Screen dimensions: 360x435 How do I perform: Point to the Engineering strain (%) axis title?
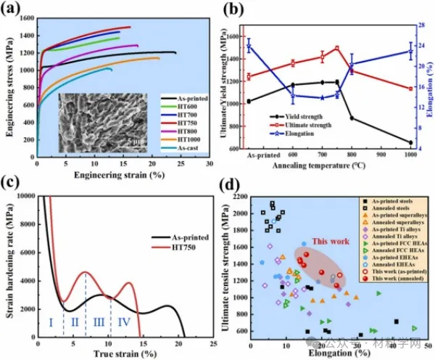click(x=123, y=176)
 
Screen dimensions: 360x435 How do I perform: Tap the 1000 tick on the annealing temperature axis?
click(x=410, y=155)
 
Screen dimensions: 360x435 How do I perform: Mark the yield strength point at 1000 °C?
click(x=411, y=142)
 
